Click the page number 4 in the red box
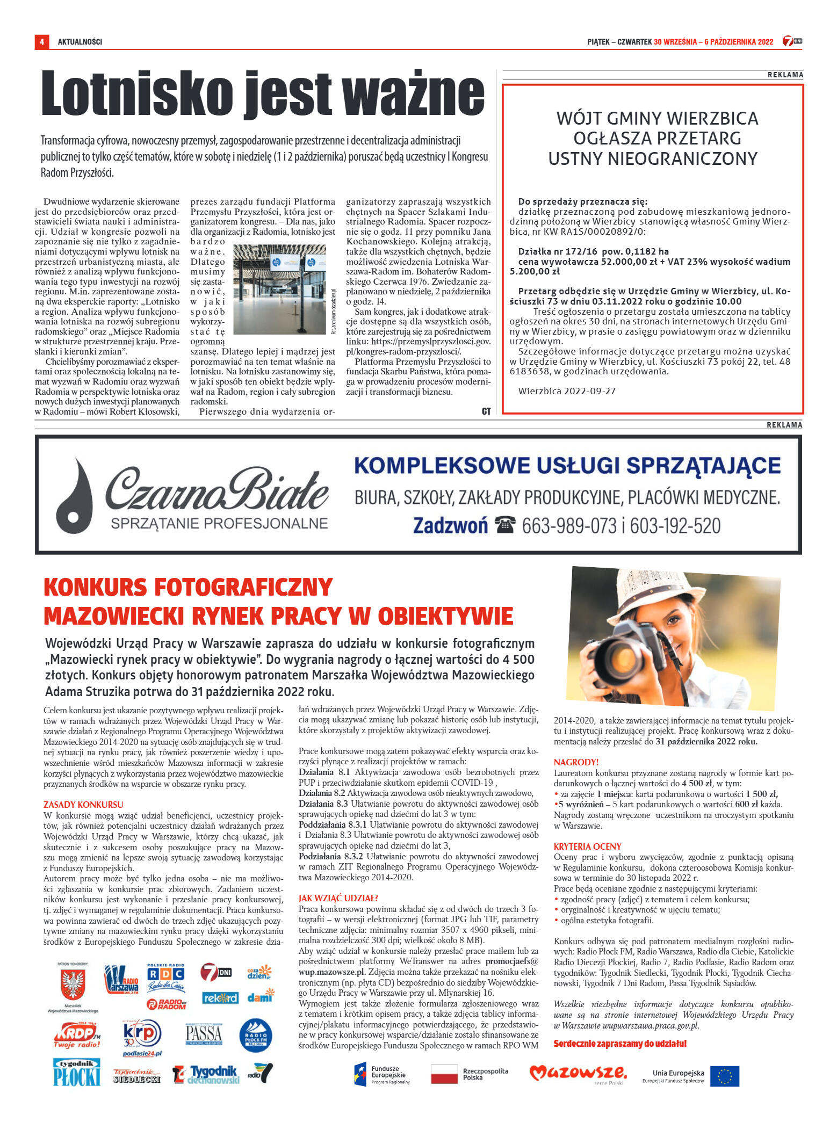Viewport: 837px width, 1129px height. coord(41,41)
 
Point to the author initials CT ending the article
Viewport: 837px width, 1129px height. coord(486,411)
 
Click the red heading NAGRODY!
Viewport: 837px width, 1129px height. coord(576,762)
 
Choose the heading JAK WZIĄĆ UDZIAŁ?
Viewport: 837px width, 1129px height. coord(338,898)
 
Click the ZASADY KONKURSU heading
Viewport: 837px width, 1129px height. coord(83,804)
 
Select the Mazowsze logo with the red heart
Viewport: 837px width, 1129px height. coord(578,1074)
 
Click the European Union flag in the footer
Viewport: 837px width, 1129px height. coord(724,1076)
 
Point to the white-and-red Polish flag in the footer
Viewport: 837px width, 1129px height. coord(444,1074)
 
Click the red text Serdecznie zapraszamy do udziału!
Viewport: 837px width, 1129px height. coord(619,1044)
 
